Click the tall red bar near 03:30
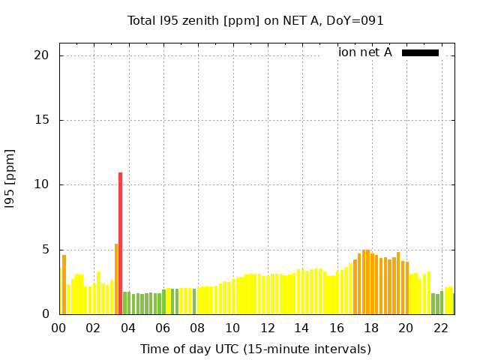pyautogui.click(x=120, y=243)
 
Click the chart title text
pyautogui.click(x=255, y=20)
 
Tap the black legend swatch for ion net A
pyautogui.click(x=420, y=52)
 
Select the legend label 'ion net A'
pyautogui.click(x=364, y=52)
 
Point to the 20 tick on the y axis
pyautogui.click(x=41, y=55)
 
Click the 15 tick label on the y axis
pyautogui.click(x=41, y=120)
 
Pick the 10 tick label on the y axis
pyautogui.click(x=41, y=184)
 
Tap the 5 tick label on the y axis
pyautogui.click(x=45, y=250)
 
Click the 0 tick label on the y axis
pyautogui.click(x=45, y=314)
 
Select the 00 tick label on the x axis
pyautogui.click(x=58, y=328)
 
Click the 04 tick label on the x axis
pyautogui.click(x=128, y=328)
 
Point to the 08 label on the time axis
pyautogui.click(x=198, y=328)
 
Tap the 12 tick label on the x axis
pyautogui.click(x=267, y=328)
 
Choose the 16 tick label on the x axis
pyautogui.click(x=337, y=328)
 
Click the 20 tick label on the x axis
pyautogui.click(x=406, y=328)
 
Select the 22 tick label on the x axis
pyautogui.click(x=441, y=328)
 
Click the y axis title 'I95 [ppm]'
pyautogui.click(x=10, y=178)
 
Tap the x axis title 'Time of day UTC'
pyautogui.click(x=255, y=349)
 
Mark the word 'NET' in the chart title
pyautogui.click(x=288, y=20)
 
